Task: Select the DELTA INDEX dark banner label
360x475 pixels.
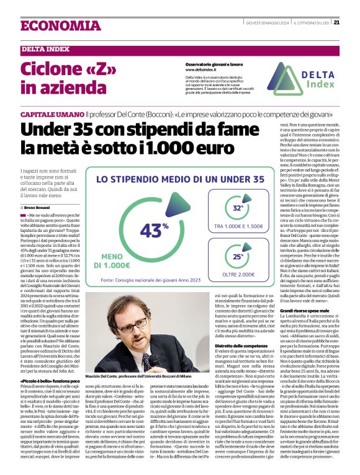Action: point(45,49)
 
